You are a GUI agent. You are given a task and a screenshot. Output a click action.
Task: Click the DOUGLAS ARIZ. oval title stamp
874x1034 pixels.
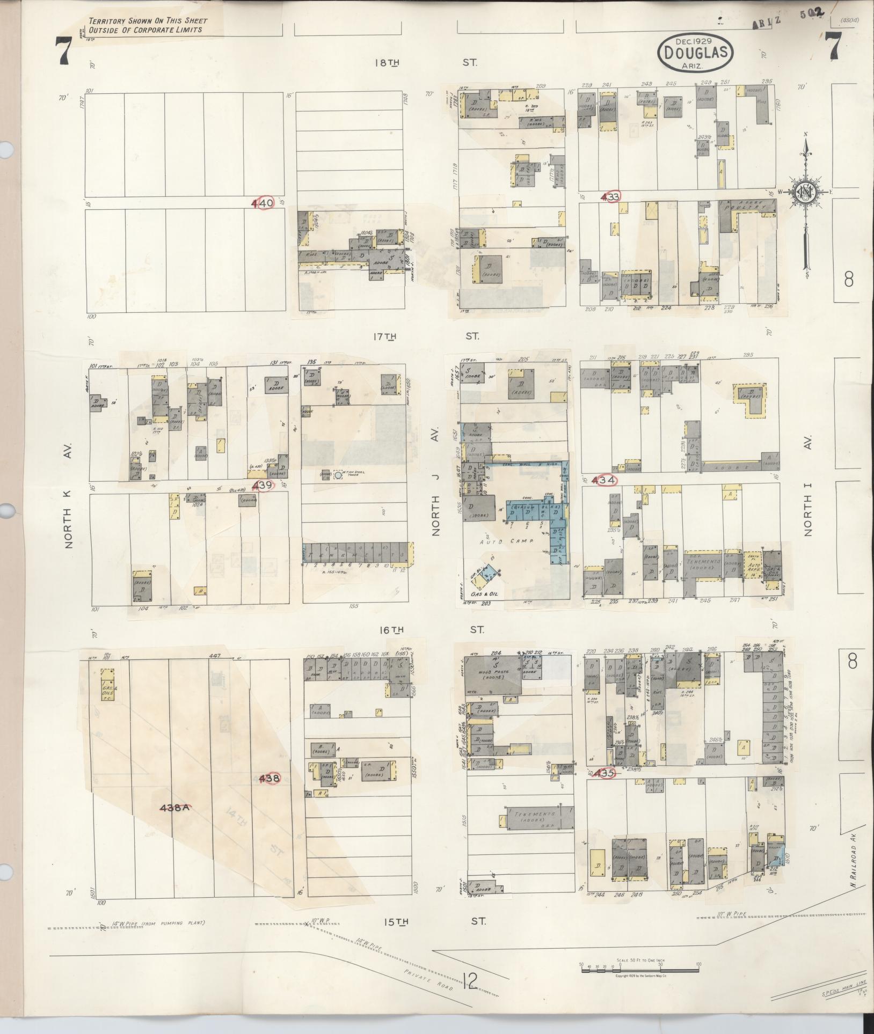[695, 52]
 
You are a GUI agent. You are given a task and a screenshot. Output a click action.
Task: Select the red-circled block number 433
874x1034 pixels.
[611, 197]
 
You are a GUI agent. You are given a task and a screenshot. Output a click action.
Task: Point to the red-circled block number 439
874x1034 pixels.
[265, 485]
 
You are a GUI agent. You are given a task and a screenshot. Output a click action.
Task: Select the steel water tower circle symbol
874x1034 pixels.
[338, 474]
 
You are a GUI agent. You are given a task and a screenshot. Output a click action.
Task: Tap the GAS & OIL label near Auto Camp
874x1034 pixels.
[483, 595]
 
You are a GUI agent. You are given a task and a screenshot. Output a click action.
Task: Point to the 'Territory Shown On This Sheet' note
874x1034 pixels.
[148, 25]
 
